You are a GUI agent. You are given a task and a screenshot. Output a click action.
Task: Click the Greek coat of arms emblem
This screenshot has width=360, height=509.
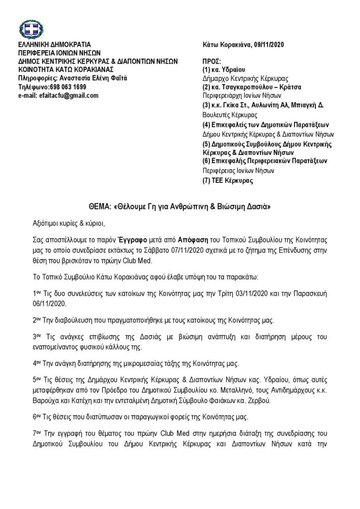tap(31, 29)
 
